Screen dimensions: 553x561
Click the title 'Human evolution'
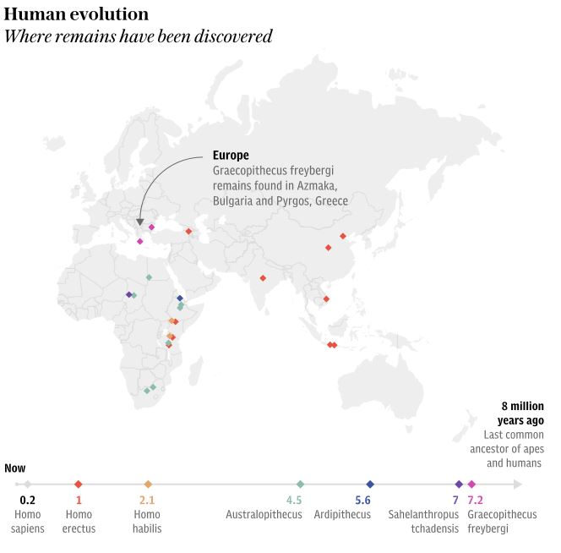coord(77,14)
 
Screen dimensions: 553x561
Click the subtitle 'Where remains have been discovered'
coord(139,36)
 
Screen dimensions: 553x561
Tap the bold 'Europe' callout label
coord(231,156)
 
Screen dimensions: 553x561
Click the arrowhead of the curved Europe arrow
coord(140,222)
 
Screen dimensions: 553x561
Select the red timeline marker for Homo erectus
coord(79,485)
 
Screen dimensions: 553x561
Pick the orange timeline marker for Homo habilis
coord(148,485)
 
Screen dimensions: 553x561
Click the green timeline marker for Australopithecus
coord(300,485)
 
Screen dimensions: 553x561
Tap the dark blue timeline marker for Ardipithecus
coord(370,485)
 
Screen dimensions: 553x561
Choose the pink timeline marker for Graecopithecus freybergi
coord(471,485)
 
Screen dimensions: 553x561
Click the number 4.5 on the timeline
coord(293,501)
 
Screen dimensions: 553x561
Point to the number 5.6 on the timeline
coord(362,501)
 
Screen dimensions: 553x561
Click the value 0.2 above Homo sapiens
coord(27,501)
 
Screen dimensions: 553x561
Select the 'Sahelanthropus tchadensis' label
coord(423,521)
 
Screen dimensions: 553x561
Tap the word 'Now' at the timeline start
coord(14,468)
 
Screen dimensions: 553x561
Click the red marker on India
coord(263,278)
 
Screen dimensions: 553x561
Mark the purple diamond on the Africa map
coord(128,294)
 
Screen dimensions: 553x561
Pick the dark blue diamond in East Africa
coord(180,298)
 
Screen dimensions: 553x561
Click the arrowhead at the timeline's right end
coord(518,485)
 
